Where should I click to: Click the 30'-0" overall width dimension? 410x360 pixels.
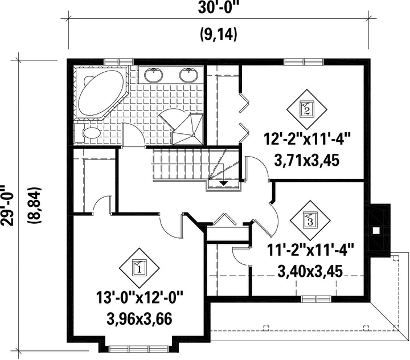pos(219,8)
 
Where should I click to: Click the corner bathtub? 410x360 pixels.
pos(101,93)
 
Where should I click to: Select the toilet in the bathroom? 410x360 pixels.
pos(88,133)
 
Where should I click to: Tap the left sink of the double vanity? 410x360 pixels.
pos(154,75)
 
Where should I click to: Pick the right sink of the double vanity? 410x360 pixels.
pos(188,75)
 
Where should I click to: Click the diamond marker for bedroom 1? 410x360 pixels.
pos(139,268)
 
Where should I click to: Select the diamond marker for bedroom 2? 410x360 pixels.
pos(307,109)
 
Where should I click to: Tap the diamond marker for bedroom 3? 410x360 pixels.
pos(310,220)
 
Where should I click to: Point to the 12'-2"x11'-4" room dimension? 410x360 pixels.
pos(307,138)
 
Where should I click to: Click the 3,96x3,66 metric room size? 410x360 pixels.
pos(139,318)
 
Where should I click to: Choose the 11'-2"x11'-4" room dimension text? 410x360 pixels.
pos(310,251)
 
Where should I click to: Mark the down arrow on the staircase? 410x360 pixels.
pos(223,183)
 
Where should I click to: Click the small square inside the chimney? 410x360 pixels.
pos(376,231)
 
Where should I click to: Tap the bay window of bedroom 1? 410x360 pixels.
pos(138,349)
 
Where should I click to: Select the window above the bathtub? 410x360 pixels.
pos(118,62)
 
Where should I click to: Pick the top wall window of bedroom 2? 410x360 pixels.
pos(304,62)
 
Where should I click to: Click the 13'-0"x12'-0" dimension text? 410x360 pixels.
pos(139,297)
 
